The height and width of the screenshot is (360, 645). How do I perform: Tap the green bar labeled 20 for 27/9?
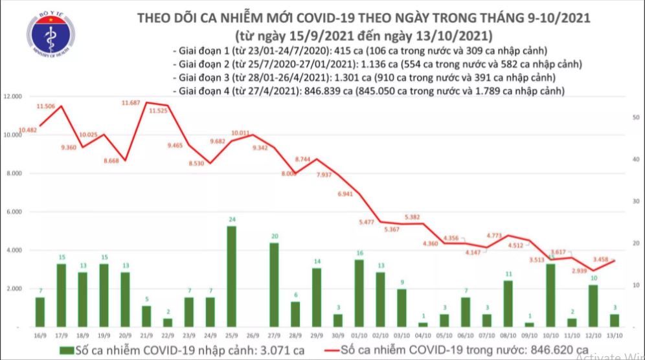point(274,284)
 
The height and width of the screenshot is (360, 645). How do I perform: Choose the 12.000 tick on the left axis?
point(13,96)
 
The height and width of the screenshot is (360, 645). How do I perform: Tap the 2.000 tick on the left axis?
point(14,288)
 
